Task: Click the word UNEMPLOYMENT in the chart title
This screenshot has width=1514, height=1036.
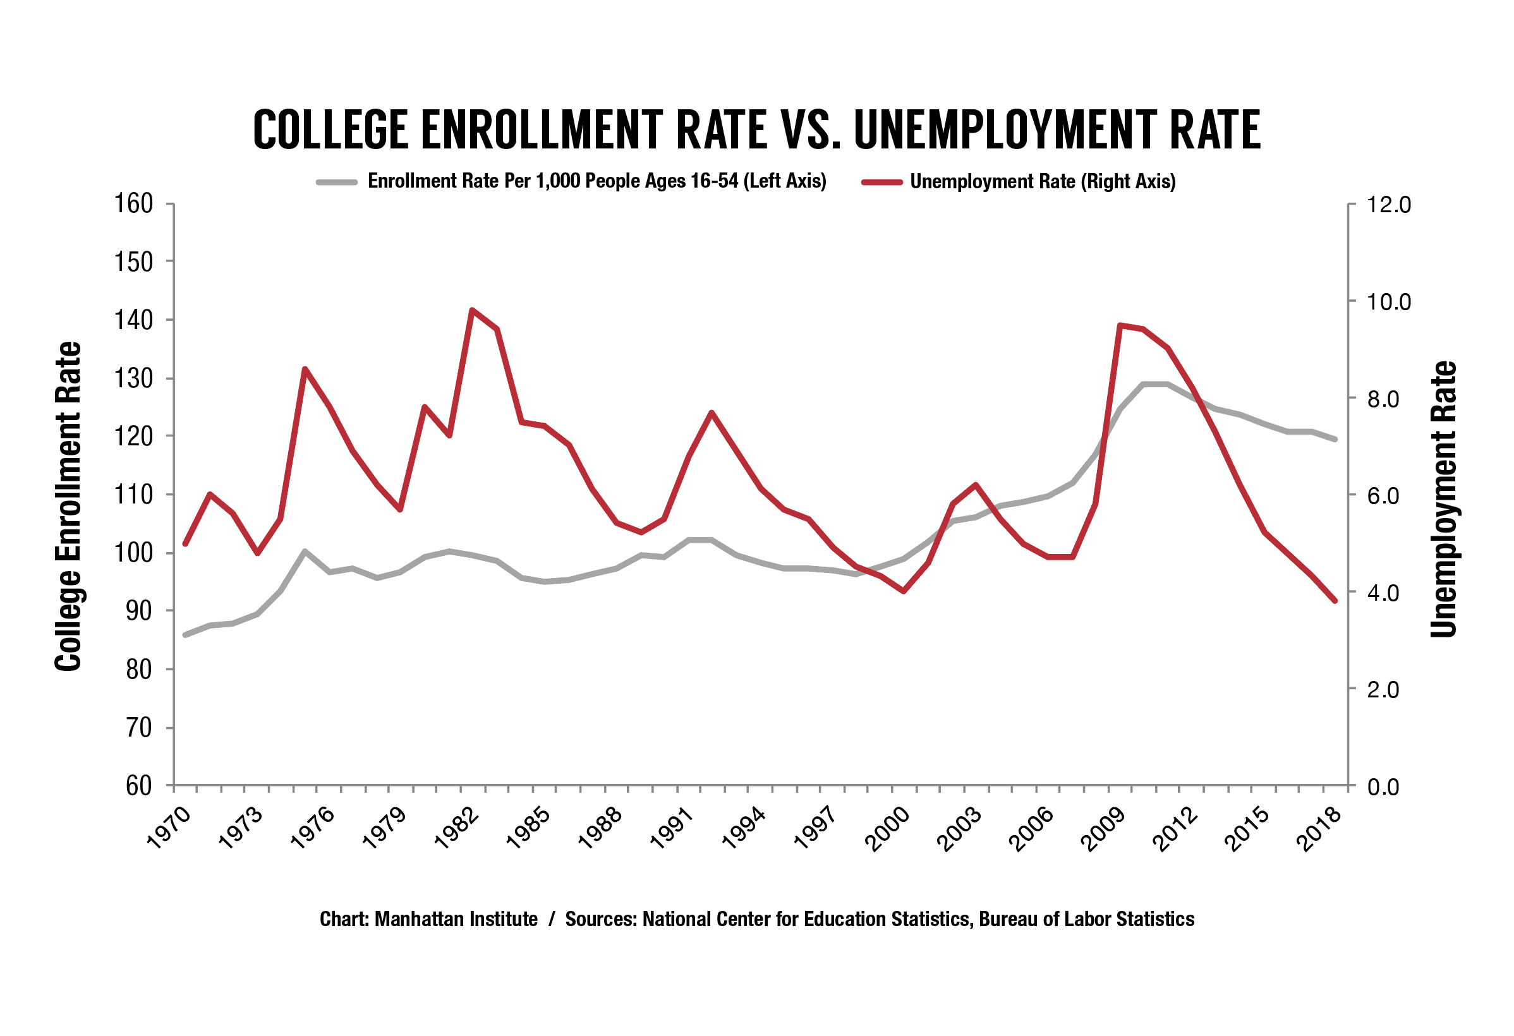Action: (x=1004, y=129)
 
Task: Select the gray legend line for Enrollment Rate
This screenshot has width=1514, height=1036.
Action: (x=337, y=182)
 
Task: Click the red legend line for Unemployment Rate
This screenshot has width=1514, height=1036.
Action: (x=881, y=182)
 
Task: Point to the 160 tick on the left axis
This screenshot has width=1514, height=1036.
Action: (x=133, y=204)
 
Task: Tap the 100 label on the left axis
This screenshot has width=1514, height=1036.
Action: (x=133, y=553)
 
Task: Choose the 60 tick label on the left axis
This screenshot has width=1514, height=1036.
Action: (x=138, y=786)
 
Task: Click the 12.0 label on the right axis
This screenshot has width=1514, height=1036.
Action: (x=1388, y=205)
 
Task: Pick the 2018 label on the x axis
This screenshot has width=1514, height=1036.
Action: (x=1319, y=829)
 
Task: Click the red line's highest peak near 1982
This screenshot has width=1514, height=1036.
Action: (x=471, y=310)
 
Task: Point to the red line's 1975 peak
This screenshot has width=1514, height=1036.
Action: (x=304, y=369)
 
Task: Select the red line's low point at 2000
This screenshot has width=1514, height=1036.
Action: (x=904, y=591)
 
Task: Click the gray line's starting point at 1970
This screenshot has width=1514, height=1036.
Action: (x=186, y=634)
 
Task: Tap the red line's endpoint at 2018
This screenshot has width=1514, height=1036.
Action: (x=1335, y=601)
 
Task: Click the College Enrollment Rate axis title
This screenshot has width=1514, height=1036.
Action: (x=68, y=507)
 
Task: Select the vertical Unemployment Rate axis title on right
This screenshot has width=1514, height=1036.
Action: (x=1443, y=499)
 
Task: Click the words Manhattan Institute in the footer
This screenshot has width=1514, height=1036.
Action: (x=456, y=919)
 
